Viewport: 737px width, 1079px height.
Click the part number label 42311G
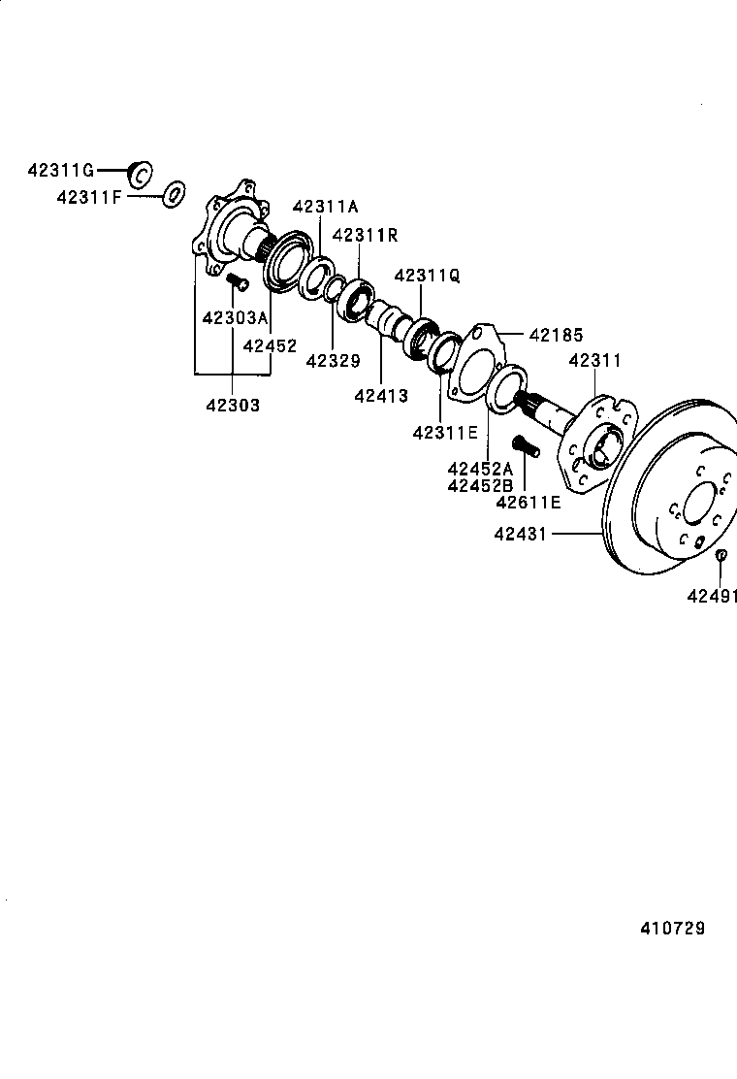click(x=61, y=172)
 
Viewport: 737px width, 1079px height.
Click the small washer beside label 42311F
click(x=174, y=194)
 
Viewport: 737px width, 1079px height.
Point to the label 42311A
click(x=326, y=207)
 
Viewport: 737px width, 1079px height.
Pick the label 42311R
click(x=366, y=236)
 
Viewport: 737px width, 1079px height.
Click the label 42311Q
click(x=427, y=276)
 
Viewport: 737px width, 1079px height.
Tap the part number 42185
click(x=556, y=336)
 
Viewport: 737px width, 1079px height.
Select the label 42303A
click(x=234, y=318)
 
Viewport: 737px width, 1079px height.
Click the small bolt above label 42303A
click(x=237, y=282)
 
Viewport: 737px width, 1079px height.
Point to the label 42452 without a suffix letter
click(x=271, y=345)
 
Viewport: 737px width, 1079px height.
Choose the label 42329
click(x=333, y=361)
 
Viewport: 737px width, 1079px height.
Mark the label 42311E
click(x=445, y=433)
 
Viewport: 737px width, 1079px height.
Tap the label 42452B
click(x=480, y=485)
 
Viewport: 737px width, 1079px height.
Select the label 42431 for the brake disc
click(x=521, y=534)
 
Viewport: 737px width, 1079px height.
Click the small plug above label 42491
click(x=721, y=555)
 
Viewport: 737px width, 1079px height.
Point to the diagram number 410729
click(x=672, y=929)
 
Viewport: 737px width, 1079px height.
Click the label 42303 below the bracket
click(x=232, y=406)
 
